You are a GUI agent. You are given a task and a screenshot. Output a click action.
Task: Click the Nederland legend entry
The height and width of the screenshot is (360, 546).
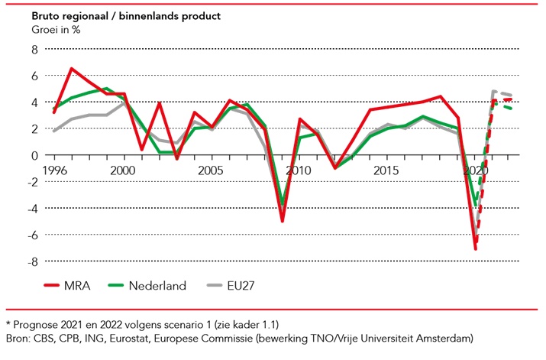pos(157,286)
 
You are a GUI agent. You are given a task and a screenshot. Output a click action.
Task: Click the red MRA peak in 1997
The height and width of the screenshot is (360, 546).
pos(71,69)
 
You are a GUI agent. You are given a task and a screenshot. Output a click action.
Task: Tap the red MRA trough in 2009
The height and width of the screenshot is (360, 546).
pos(282,221)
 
